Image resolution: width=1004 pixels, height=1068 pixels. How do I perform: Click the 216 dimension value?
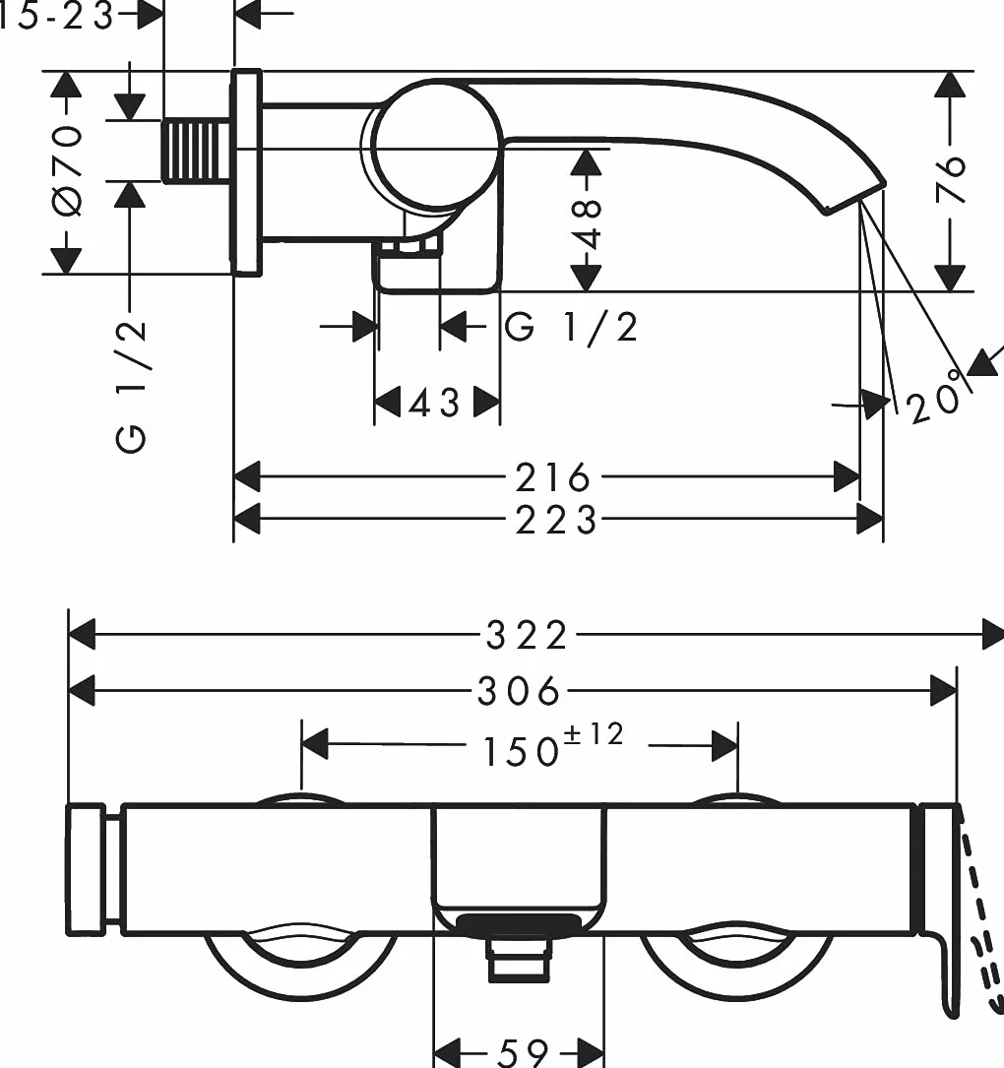[x=552, y=477]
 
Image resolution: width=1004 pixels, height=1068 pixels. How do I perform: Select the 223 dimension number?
[x=556, y=521]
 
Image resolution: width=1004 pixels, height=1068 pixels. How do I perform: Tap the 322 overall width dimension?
[x=526, y=636]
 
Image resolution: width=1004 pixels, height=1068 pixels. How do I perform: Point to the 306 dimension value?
[x=519, y=691]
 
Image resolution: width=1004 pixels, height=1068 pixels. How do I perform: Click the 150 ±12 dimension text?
[x=552, y=746]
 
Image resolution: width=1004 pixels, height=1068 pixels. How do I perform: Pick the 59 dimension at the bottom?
[x=523, y=1052]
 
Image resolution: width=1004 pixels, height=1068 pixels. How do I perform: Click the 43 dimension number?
[x=434, y=404]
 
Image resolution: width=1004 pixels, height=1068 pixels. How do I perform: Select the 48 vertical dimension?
[x=587, y=224]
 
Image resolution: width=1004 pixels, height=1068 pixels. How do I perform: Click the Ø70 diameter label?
[x=68, y=170]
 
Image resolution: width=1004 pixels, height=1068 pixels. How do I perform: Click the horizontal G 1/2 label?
[x=571, y=327]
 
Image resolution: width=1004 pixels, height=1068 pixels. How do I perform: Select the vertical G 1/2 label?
[x=131, y=386]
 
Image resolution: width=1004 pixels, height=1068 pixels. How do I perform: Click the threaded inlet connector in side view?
[x=195, y=151]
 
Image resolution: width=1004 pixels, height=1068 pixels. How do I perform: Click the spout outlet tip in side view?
[x=855, y=198]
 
